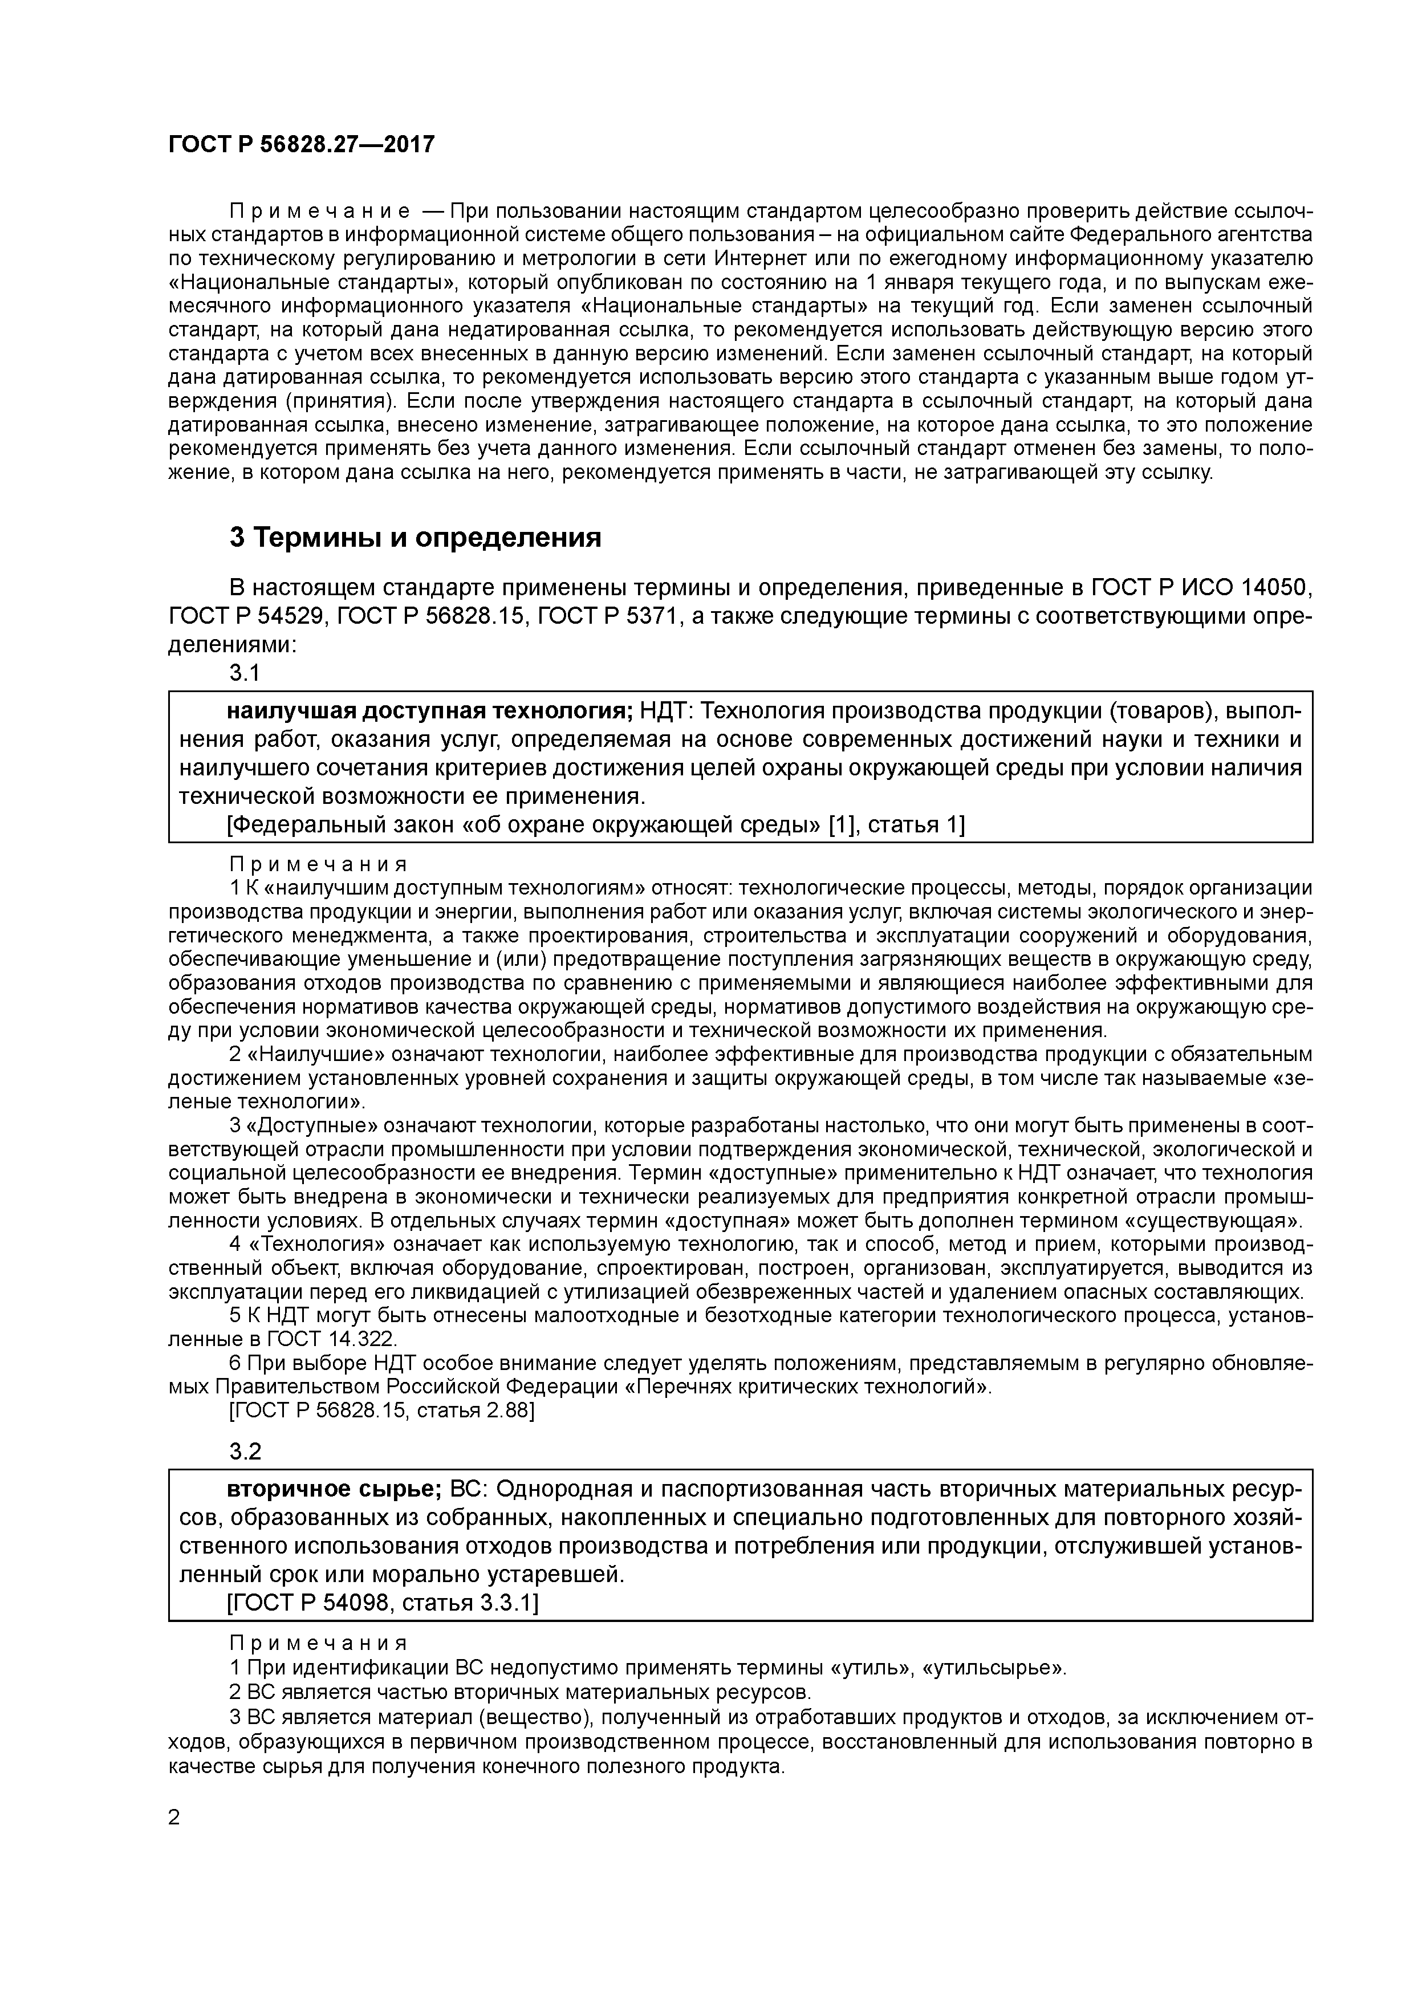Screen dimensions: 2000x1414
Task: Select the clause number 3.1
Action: [x=245, y=673]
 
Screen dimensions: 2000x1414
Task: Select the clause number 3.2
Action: [x=245, y=1451]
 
